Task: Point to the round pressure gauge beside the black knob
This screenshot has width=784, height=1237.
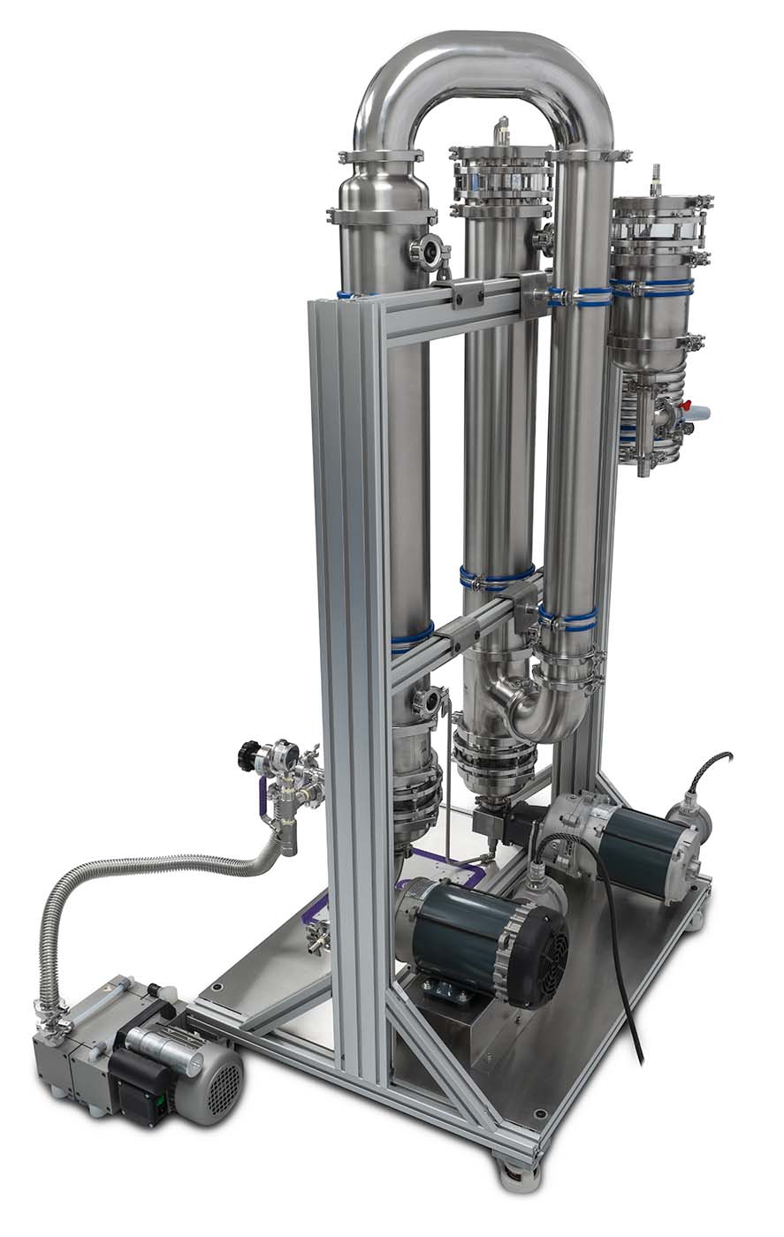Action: click(x=283, y=755)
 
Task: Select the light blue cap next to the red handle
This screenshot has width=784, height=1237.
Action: click(x=699, y=412)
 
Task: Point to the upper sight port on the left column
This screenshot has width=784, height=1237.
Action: click(x=428, y=252)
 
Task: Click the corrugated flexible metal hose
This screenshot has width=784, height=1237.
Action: click(x=133, y=875)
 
